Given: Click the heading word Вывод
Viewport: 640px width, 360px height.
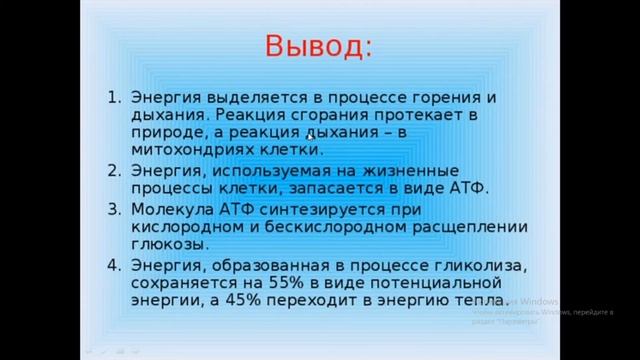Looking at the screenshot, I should pyautogui.click(x=318, y=47).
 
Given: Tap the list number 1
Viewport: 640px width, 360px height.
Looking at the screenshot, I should pyautogui.click(x=109, y=98).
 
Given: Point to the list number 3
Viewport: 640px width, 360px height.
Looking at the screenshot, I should pyautogui.click(x=109, y=208).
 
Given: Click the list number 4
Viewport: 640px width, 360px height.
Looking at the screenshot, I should pyautogui.click(x=109, y=265).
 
